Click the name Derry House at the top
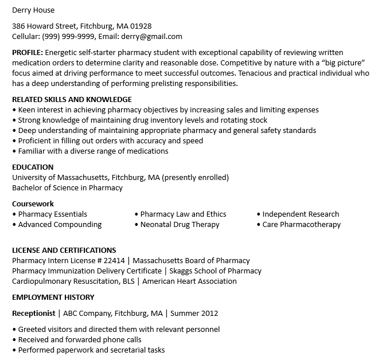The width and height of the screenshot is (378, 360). pos(34,10)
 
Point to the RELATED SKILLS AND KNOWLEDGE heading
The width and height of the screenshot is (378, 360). pos(72,99)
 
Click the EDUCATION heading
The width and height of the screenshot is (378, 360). pos(33,167)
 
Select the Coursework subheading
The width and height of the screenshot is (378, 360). pos(33,204)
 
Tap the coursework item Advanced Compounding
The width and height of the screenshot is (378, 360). pos(60,224)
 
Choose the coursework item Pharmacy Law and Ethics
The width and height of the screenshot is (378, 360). pos(183,214)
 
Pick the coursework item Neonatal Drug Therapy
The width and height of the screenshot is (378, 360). pos(180,224)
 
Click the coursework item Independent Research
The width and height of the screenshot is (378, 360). pos(301,214)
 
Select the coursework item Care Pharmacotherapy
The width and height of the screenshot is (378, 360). pos(301,224)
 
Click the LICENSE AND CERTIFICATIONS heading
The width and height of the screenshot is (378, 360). pos(64,250)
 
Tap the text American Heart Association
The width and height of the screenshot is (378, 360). pos(189,281)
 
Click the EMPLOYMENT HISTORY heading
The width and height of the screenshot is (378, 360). pos(53,298)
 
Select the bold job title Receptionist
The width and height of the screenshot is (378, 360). pos(34,314)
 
